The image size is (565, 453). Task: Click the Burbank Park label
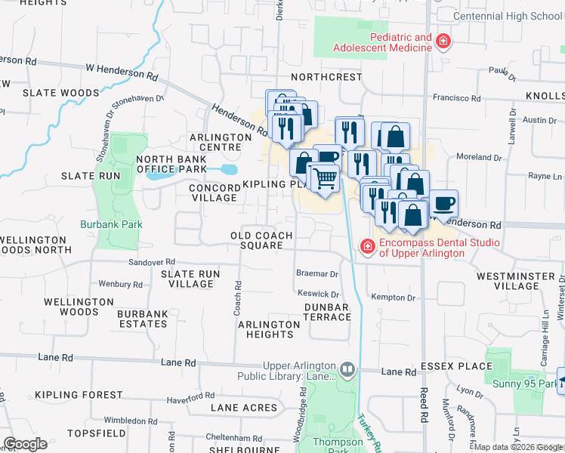(x=111, y=224)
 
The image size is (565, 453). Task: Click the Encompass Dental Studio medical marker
(x=367, y=247)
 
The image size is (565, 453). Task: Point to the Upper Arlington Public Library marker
(x=347, y=370)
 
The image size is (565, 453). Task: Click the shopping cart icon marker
(x=325, y=179)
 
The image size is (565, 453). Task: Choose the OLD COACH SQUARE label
(x=261, y=240)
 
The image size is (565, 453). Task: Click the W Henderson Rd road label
(x=122, y=72)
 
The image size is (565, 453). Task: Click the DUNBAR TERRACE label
(x=327, y=312)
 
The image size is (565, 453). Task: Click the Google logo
(x=26, y=444)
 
